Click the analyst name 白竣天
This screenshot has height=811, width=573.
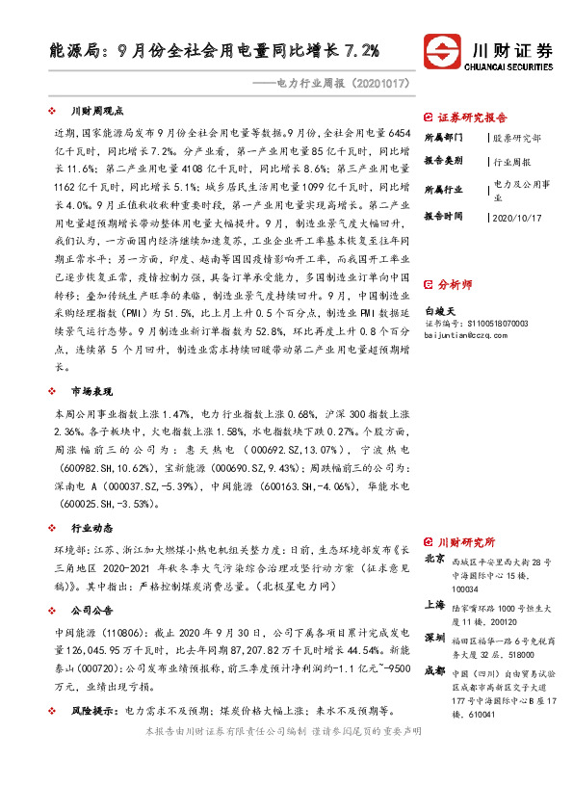pyautogui.click(x=439, y=312)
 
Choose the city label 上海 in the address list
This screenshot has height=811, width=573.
pyautogui.click(x=435, y=606)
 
